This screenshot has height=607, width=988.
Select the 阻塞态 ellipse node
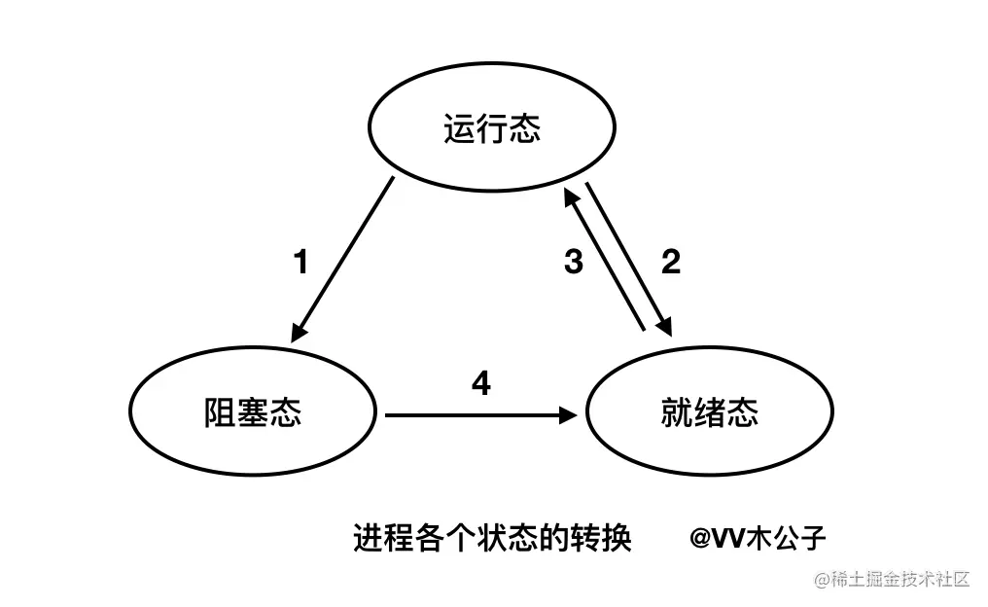tap(253, 413)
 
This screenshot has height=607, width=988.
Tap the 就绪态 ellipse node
tap(707, 413)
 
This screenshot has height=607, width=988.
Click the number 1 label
tap(301, 262)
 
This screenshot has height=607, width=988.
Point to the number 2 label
tap(670, 261)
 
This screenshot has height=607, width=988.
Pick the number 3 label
tap(574, 261)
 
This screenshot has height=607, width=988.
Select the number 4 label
tap(480, 383)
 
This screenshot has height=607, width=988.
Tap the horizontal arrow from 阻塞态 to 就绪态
tap(476, 415)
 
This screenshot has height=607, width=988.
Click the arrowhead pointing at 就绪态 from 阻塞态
tap(568, 415)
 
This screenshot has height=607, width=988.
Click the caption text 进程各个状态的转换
tap(492, 536)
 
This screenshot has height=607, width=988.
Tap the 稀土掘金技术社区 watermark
tap(892, 580)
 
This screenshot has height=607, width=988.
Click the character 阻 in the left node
tap(221, 413)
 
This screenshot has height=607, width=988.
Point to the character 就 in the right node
tap(675, 413)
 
